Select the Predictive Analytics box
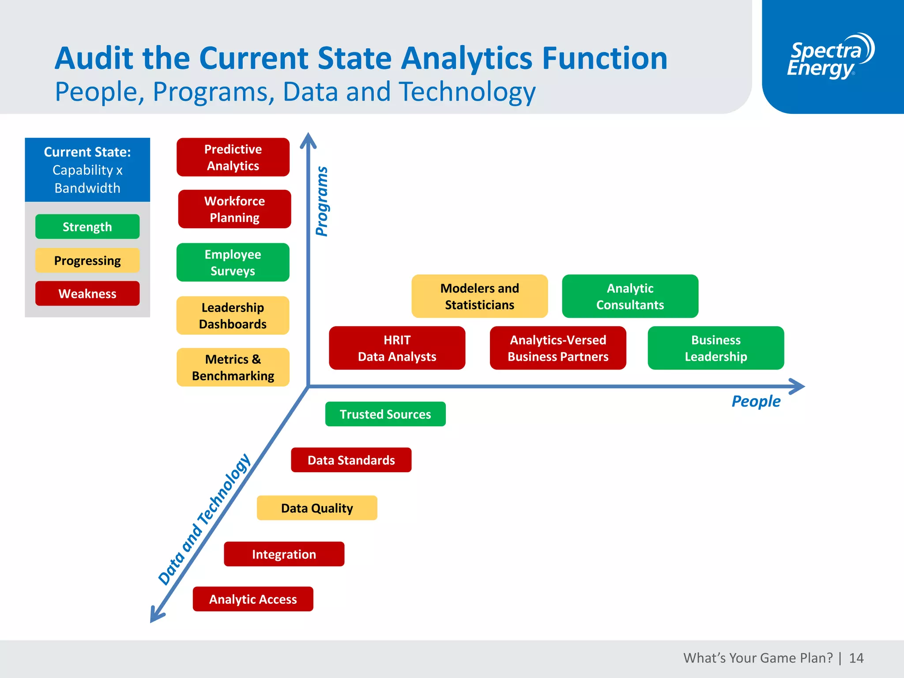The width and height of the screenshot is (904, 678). pyautogui.click(x=233, y=157)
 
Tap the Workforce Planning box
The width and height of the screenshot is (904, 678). pyautogui.click(x=234, y=209)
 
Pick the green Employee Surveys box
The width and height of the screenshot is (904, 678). pyautogui.click(x=233, y=262)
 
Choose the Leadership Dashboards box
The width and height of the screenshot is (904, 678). pyautogui.click(x=233, y=316)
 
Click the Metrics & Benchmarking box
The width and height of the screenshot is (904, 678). pyautogui.click(x=233, y=367)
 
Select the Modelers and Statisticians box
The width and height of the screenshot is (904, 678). pyautogui.click(x=479, y=296)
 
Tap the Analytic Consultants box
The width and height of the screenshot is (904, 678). pyautogui.click(x=630, y=296)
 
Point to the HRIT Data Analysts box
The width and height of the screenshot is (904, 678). pyautogui.click(x=397, y=348)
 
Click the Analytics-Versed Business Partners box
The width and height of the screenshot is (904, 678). pyautogui.click(x=558, y=348)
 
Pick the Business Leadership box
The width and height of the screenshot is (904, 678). pyautogui.click(x=716, y=348)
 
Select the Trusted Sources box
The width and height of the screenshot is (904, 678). pyautogui.click(x=385, y=414)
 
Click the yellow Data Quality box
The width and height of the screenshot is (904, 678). pyautogui.click(x=317, y=508)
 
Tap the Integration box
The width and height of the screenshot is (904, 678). pyautogui.click(x=284, y=554)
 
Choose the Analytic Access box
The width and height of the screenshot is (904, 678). pyautogui.click(x=253, y=599)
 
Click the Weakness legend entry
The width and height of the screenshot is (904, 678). pyautogui.click(x=87, y=294)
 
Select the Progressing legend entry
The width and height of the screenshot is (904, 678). pyautogui.click(x=87, y=260)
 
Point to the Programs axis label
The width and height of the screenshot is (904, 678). pyautogui.click(x=322, y=201)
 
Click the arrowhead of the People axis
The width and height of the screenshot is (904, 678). pyautogui.click(x=798, y=386)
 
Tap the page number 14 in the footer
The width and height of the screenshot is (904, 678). pyautogui.click(x=856, y=658)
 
